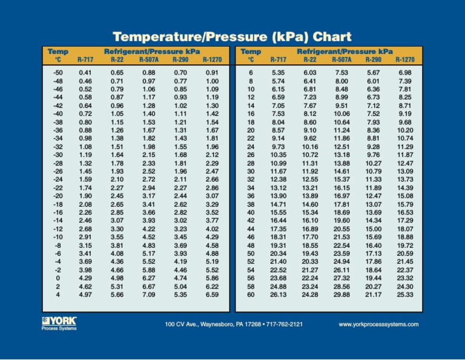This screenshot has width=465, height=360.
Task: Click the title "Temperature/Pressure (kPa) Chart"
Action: tap(232, 36)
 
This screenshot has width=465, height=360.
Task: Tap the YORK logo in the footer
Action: tap(59, 321)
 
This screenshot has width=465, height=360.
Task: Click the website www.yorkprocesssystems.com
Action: tap(378, 324)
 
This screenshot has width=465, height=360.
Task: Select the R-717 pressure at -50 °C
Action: tap(85, 73)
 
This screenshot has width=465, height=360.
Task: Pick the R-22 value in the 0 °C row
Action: tap(117, 278)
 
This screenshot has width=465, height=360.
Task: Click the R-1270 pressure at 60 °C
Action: tap(404, 295)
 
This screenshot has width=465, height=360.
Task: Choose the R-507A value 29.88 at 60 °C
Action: tap(342, 295)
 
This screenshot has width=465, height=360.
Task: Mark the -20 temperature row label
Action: tap(58, 196)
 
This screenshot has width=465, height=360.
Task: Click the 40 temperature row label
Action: tap(251, 213)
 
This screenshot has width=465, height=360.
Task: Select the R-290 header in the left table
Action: tap(180, 60)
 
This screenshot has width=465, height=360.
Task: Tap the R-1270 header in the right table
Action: tap(405, 60)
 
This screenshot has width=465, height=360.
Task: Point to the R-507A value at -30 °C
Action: tap(148, 155)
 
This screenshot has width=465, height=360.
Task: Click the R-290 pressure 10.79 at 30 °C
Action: tap(374, 172)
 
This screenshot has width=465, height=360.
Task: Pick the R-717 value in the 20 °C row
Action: tap(278, 130)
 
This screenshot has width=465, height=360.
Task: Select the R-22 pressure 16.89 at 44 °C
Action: tap(309, 229)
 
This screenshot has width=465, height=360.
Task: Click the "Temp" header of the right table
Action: tap(251, 52)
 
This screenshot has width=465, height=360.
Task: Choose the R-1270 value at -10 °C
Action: tap(212, 237)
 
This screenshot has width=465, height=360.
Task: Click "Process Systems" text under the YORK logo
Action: tap(56, 330)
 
